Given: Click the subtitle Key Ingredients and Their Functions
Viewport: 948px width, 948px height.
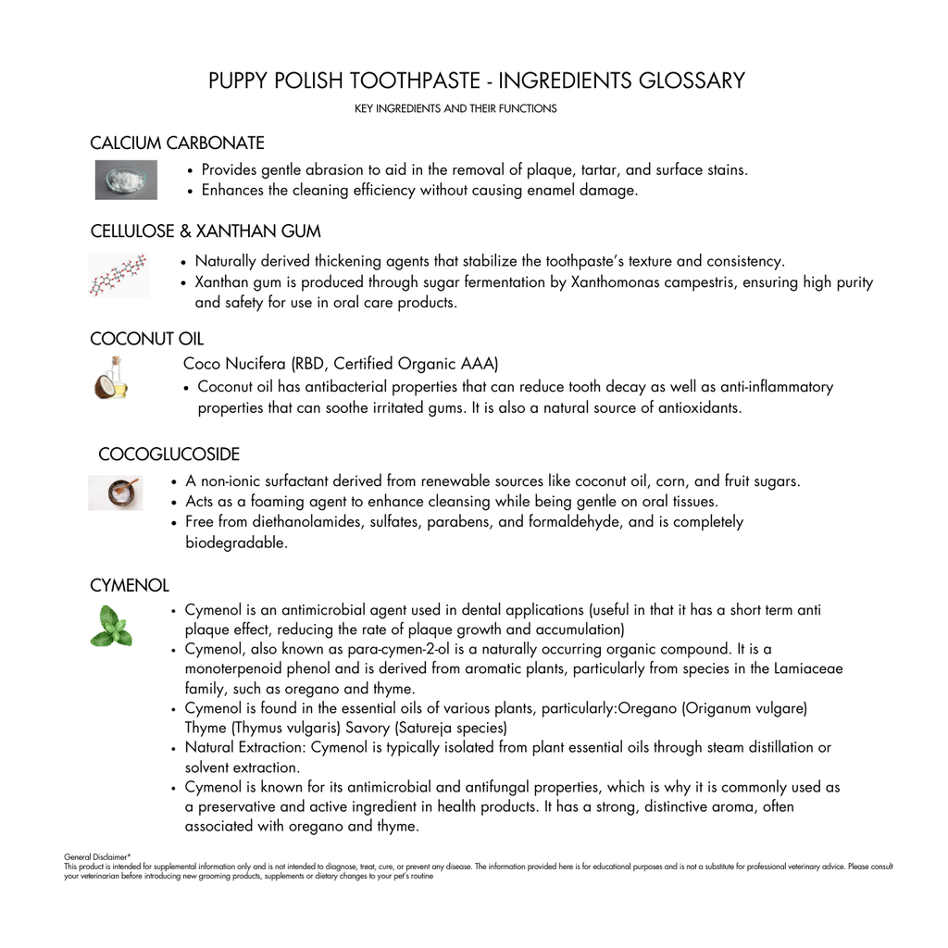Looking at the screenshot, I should [455, 109].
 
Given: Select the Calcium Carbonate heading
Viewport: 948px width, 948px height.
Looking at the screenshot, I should [177, 143].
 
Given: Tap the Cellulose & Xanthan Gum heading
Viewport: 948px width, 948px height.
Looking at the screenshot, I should [206, 231].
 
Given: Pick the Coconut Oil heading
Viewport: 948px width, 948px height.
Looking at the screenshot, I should [146, 339].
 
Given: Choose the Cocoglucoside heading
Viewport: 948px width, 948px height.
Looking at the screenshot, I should [168, 455].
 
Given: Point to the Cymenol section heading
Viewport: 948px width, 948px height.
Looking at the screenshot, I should [130, 586].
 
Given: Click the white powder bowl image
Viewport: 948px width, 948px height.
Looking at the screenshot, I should [126, 180].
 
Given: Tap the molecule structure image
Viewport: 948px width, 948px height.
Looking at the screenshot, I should [118, 275].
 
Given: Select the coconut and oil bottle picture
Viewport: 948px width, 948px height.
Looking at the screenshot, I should [112, 379].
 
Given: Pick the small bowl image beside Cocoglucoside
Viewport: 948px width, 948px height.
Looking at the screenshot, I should [116, 493].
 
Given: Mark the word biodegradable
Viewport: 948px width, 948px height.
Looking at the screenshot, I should [235, 543].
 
